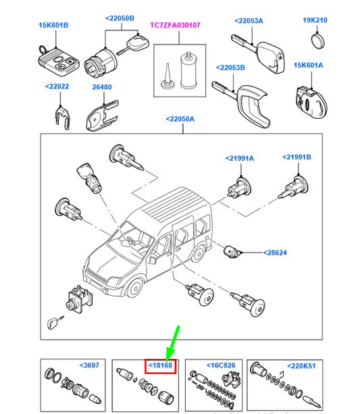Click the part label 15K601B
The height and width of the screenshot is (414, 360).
[x=53, y=26]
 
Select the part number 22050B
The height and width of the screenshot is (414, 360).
[x=120, y=19]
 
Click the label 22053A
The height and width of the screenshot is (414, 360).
[x=250, y=21]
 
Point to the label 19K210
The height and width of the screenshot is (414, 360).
[x=315, y=20]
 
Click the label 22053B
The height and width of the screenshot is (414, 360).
[x=232, y=68]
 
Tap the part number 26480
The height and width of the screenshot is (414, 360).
[x=103, y=86]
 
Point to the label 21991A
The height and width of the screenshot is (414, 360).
[x=240, y=158]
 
